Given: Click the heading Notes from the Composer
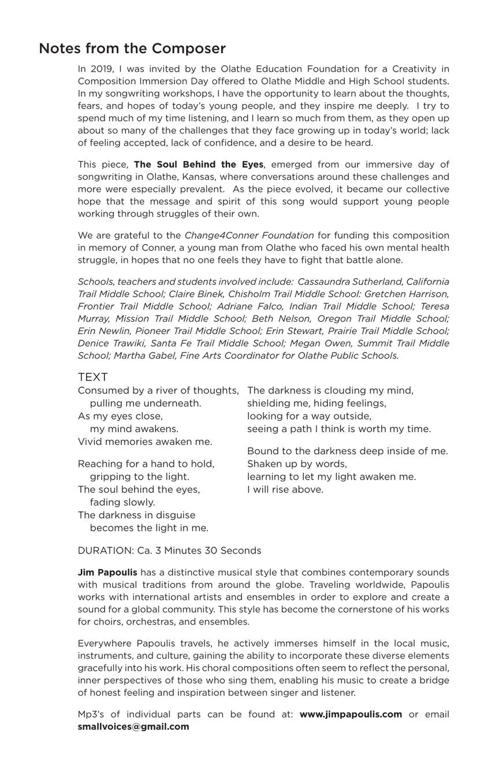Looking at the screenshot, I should click(x=132, y=49).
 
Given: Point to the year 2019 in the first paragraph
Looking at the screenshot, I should click(x=100, y=69).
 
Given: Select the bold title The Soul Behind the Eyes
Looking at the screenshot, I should click(x=198, y=165).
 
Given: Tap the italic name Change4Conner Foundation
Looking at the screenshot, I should click(x=249, y=236).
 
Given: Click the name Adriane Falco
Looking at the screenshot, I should click(x=251, y=306).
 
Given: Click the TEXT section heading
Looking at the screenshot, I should click(x=92, y=377).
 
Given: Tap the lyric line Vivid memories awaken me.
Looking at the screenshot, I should click(x=145, y=442).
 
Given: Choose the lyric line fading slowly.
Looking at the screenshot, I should click(x=122, y=503).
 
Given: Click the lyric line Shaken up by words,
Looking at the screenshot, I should click(x=297, y=464).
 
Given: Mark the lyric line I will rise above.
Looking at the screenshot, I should click(x=285, y=490).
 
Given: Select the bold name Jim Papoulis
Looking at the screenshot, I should click(x=107, y=573).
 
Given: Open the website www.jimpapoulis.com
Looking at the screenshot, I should click(x=351, y=714).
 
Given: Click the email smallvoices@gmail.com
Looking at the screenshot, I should click(x=133, y=727).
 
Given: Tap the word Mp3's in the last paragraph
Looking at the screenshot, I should click(x=91, y=714).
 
